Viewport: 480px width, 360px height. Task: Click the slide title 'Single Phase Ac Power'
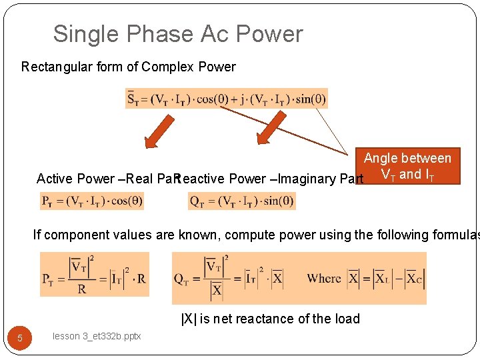click(x=178, y=34)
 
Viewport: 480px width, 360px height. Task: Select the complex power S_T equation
click(x=227, y=99)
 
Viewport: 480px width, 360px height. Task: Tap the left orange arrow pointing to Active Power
click(x=158, y=131)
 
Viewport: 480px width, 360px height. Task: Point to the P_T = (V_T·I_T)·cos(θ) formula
click(x=91, y=200)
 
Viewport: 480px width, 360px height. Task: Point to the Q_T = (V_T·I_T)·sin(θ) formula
click(x=241, y=200)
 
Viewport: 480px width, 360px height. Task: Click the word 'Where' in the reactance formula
click(x=324, y=278)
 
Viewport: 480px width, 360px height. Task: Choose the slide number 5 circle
click(x=20, y=338)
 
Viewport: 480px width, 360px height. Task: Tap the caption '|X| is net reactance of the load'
click(x=270, y=319)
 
